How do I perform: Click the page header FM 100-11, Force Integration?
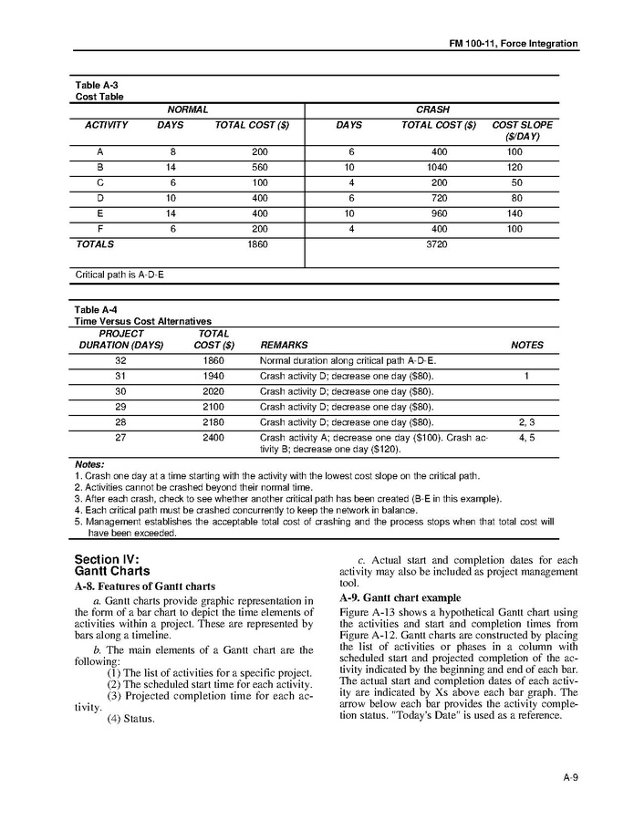click(514, 44)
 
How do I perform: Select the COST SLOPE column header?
click(522, 130)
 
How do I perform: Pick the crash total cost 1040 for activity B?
click(438, 168)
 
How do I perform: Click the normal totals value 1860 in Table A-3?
click(257, 244)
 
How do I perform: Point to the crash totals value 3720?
click(438, 244)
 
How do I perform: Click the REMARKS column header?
click(284, 346)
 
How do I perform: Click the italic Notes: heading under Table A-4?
click(89, 464)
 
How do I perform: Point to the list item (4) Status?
click(130, 718)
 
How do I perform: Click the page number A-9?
click(570, 778)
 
